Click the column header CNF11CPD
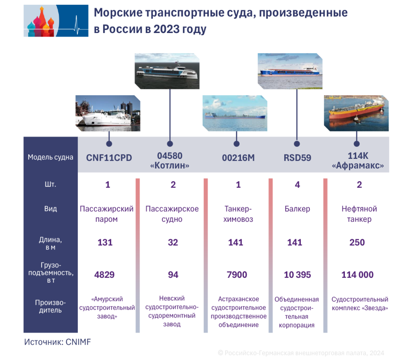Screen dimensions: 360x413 [109, 158]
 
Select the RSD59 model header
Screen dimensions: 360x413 [297, 158]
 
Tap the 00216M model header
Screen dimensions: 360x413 [238, 158]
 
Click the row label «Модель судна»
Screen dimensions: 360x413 [50, 157]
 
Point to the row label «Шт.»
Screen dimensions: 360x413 [50, 185]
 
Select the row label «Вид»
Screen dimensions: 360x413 [50, 209]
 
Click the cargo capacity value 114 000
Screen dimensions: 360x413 [357, 275]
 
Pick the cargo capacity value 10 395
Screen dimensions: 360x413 [298, 275]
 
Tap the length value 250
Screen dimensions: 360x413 [357, 242]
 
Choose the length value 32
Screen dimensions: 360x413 [173, 242]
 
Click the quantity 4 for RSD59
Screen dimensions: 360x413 [297, 185]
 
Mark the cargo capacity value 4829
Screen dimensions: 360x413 [104, 275]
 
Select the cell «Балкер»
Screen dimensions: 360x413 [297, 209]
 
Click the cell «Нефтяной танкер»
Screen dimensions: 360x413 [359, 214]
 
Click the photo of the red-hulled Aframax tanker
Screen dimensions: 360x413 [356, 113]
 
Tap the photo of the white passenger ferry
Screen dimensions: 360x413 [108, 113]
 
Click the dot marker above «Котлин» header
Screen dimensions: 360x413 [170, 144]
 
